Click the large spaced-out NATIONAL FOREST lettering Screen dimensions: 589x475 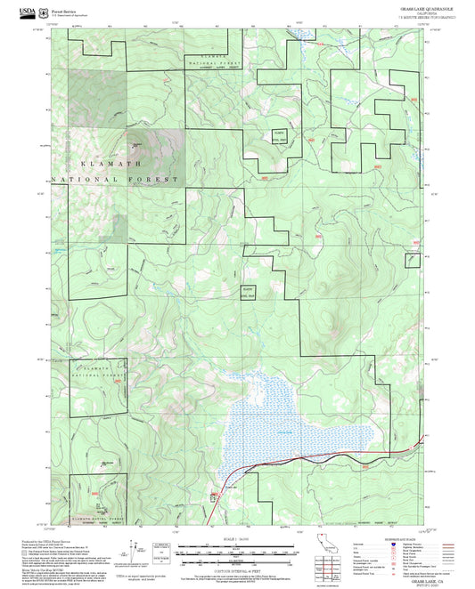coord(116,179)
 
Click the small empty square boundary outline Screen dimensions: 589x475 coord(412,260)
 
